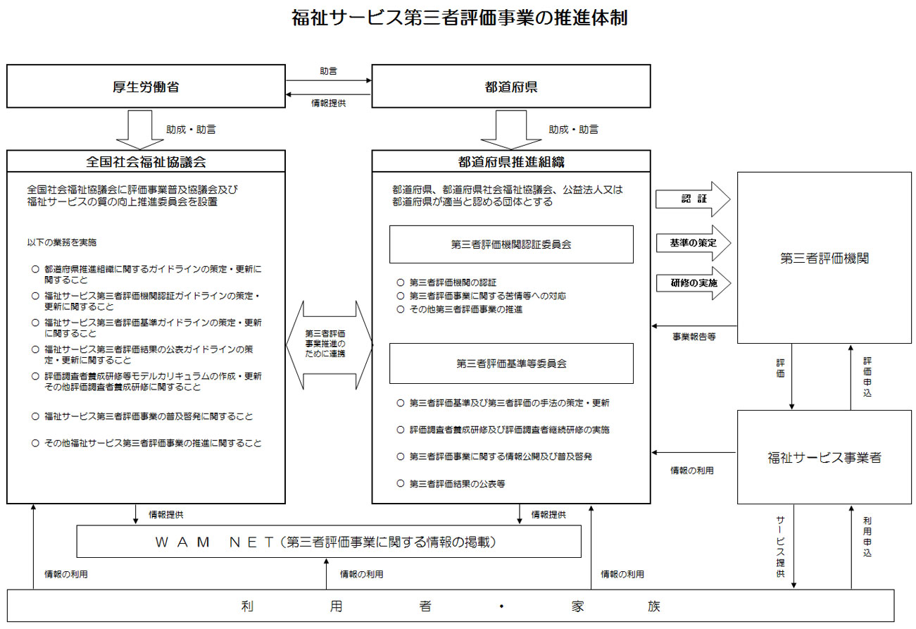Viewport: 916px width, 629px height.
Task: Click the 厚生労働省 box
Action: pyautogui.click(x=146, y=87)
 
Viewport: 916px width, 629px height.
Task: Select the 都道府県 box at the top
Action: pyautogui.click(x=511, y=87)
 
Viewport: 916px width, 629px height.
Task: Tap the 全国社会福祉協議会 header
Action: pyautogui.click(x=146, y=161)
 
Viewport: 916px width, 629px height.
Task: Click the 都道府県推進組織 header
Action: pyautogui.click(x=511, y=161)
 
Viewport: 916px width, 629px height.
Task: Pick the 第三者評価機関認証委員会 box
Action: pyautogui.click(x=511, y=244)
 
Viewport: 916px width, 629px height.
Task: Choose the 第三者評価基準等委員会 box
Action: pyautogui.click(x=511, y=363)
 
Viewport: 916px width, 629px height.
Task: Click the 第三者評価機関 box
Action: pyautogui.click(x=824, y=259)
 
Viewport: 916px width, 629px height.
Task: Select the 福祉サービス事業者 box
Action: pyautogui.click(x=824, y=457)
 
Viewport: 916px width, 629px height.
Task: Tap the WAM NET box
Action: pyautogui.click(x=329, y=542)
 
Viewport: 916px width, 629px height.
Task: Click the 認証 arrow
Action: pyautogui.click(x=693, y=199)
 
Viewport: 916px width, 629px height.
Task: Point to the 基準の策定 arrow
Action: pyautogui.click(x=693, y=243)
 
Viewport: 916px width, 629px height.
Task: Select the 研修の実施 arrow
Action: pyautogui.click(x=693, y=283)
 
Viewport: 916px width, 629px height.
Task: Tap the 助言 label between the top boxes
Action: pyautogui.click(x=328, y=71)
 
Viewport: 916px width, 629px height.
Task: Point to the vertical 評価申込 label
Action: pyautogui.click(x=867, y=376)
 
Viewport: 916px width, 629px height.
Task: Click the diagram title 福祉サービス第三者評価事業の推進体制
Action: pyautogui.click(x=459, y=18)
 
